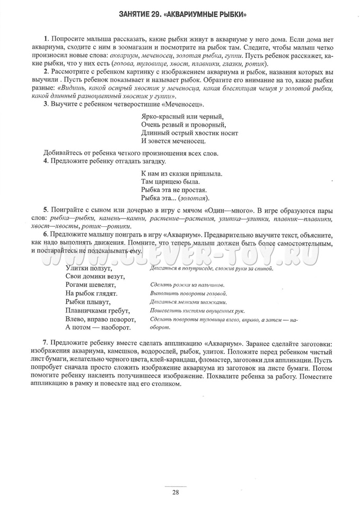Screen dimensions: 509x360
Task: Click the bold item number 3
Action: coord(46,104)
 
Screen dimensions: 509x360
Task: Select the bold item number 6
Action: coord(46,234)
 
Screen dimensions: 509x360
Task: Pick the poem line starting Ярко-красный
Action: coord(183,117)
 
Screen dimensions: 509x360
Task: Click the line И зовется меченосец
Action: coord(174,141)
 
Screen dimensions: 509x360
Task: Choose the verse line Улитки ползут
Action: coord(89,268)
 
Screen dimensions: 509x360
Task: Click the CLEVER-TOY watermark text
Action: coord(180,256)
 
